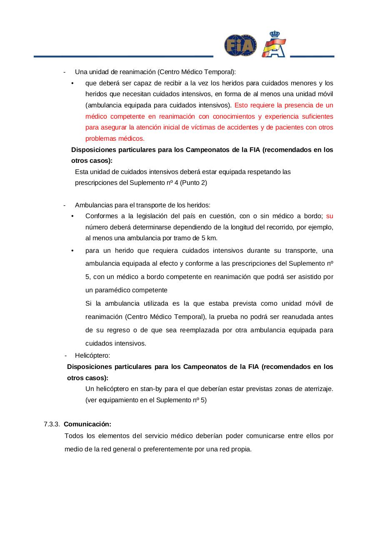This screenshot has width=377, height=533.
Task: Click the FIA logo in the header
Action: click(240, 45)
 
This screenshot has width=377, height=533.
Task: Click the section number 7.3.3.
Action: click(52, 424)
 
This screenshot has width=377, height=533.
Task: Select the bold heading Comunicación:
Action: click(87, 424)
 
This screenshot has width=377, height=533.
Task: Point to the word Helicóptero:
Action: click(92, 356)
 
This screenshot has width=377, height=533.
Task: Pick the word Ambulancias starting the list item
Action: click(92, 205)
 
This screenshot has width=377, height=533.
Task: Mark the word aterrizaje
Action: click(317, 389)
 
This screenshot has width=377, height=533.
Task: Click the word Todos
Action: click(74, 436)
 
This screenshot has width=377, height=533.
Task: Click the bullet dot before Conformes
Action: click(72, 216)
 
